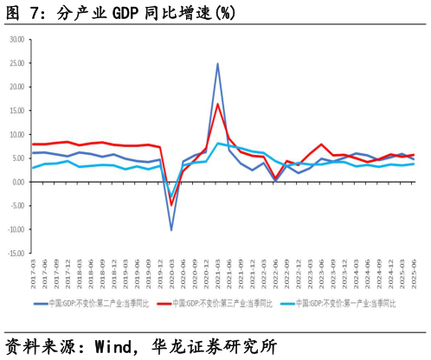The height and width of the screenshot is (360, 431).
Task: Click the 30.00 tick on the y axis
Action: point(16,40)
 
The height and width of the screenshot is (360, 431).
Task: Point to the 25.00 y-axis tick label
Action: point(16,63)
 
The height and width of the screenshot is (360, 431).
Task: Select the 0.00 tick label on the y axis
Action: point(17,182)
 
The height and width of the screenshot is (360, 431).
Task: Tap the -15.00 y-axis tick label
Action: point(15,253)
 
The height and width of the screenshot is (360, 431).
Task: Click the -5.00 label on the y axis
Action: point(16,206)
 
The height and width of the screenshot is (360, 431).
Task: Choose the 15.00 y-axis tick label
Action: point(16,111)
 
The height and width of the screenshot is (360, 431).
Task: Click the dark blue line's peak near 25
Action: point(217,63)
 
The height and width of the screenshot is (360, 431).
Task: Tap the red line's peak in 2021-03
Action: point(217,104)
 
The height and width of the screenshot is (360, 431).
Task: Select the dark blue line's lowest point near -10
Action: point(171,229)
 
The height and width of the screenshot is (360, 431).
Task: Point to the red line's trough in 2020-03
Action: point(171,204)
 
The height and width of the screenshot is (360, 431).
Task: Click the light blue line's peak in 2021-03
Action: point(217,143)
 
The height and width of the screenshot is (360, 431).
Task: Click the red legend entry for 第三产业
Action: point(221,303)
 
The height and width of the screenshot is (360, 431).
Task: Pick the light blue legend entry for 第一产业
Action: point(345,303)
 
